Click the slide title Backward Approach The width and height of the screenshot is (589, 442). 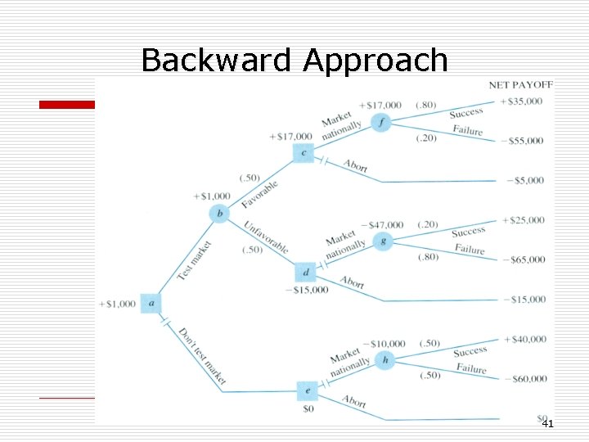294,60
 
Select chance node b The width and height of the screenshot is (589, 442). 219,214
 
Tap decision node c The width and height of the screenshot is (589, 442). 303,153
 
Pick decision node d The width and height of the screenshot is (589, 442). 304,272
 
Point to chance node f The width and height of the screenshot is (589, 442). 381,123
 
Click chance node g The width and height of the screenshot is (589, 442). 382,241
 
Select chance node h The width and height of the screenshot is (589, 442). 385,360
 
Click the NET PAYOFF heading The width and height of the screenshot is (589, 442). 521,84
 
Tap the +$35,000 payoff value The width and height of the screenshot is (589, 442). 524,101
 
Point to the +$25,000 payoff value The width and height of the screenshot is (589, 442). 524,221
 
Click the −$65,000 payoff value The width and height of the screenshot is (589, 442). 524,260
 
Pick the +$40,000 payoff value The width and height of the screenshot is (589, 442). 524,339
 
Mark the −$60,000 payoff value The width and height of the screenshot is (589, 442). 524,379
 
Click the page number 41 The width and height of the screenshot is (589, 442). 547,424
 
